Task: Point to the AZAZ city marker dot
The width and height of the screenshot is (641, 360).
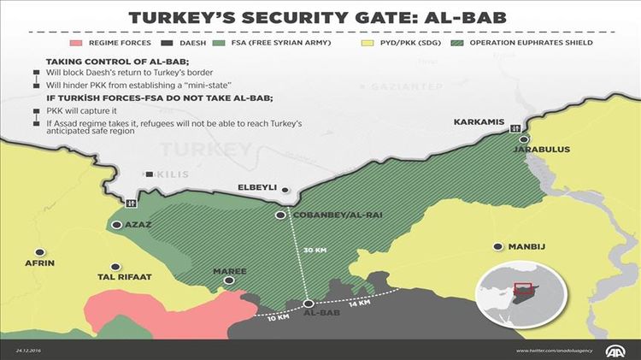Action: click(117, 225)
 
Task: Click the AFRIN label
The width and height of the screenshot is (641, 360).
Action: click(40, 263)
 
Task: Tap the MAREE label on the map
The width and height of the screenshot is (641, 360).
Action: click(230, 271)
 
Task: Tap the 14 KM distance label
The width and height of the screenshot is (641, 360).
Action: click(358, 303)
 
